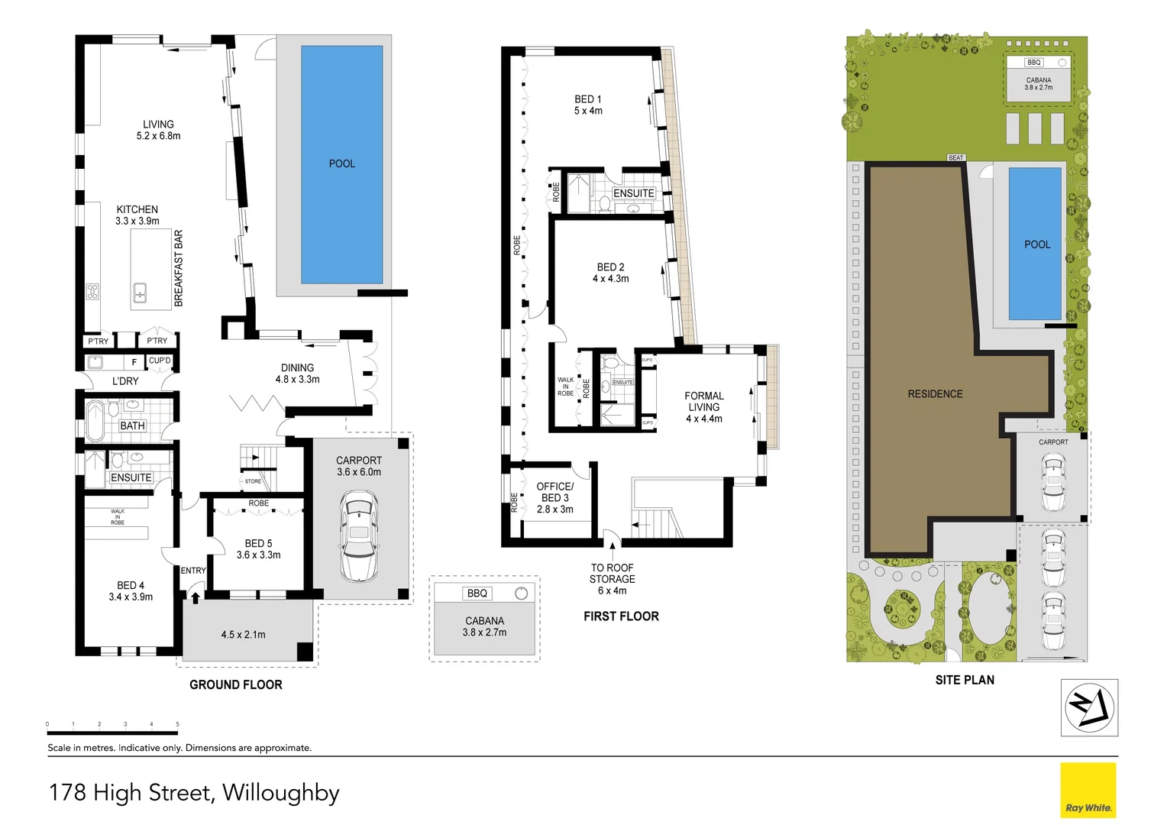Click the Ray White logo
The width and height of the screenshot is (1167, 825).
tap(1088, 791)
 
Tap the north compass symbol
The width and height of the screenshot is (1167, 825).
tap(1089, 707)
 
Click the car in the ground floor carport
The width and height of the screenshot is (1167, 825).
tap(358, 536)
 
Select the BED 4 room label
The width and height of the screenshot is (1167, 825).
tap(131, 590)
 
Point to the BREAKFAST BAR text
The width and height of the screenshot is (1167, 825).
tap(179, 268)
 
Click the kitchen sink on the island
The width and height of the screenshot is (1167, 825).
tap(141, 292)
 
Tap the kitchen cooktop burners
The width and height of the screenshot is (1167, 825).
tap(92, 291)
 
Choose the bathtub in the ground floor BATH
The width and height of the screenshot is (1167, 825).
tap(95, 421)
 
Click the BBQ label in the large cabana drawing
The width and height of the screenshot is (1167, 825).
tap(477, 594)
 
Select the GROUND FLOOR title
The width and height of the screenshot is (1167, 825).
tap(236, 684)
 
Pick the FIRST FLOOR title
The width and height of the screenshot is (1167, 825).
tap(621, 616)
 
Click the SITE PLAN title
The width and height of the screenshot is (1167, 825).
tap(965, 680)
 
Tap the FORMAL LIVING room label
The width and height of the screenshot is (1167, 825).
tap(703, 406)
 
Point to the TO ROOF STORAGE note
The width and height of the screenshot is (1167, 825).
tap(612, 578)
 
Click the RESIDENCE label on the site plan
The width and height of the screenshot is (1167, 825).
tap(935, 394)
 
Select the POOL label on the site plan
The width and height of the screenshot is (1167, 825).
tap(1036, 244)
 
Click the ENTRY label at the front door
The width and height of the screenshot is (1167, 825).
tap(193, 571)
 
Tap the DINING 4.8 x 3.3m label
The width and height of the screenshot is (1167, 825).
tap(297, 373)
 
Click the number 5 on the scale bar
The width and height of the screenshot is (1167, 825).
tap(177, 724)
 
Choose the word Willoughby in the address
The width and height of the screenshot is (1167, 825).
tap(281, 793)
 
